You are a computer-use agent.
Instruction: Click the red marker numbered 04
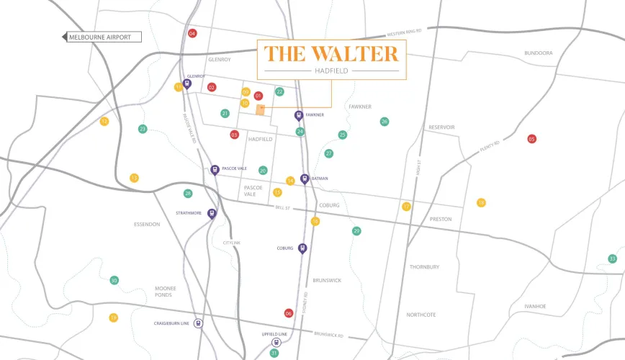click(192, 34)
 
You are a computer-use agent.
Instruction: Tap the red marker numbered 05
click(532, 139)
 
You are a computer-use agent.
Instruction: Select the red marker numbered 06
click(289, 313)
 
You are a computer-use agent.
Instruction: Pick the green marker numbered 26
click(385, 122)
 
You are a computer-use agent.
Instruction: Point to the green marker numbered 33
click(613, 258)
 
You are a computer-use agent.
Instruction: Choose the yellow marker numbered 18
click(481, 203)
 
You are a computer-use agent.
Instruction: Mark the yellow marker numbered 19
click(113, 318)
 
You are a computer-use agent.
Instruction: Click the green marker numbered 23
click(143, 129)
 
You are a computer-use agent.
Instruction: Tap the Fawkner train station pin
click(299, 115)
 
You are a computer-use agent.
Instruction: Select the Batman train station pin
click(305, 179)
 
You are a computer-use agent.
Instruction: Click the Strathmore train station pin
click(212, 213)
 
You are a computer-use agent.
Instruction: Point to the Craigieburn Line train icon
click(198, 323)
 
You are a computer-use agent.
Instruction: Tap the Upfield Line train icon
click(276, 343)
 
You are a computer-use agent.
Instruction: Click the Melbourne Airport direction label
click(101, 37)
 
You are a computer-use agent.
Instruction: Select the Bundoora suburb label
click(539, 53)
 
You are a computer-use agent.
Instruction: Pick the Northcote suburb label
click(421, 315)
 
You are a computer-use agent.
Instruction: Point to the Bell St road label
click(282, 207)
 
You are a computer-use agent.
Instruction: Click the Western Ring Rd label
click(404, 33)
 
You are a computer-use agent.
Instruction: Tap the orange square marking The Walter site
click(261, 109)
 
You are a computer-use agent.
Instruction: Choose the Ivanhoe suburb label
click(535, 306)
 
